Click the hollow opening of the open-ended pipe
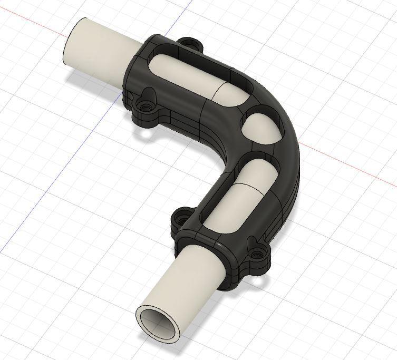(x=159, y=323)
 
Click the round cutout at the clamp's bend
(x=262, y=122)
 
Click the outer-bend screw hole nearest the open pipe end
(x=257, y=255)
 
